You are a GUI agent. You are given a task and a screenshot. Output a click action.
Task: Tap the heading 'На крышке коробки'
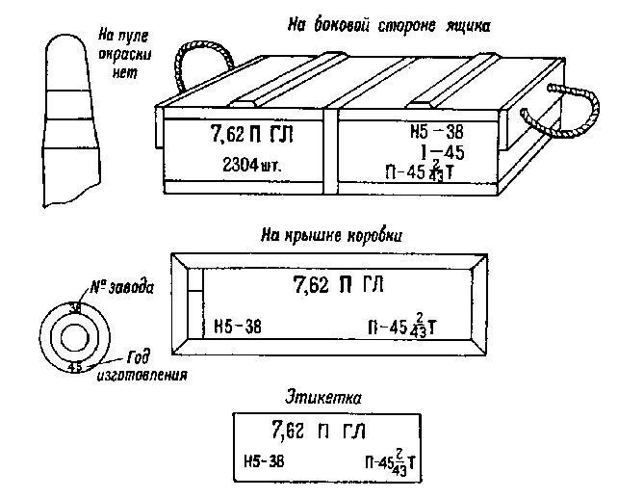tap(330, 234)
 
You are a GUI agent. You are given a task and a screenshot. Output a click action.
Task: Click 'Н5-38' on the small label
tap(264, 462)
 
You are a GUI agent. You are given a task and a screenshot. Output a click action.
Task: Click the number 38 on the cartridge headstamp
tap(75, 308)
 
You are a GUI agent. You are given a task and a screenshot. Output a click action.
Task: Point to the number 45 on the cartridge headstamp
tap(74, 365)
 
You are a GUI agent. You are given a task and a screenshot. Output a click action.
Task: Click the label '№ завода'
tap(126, 286)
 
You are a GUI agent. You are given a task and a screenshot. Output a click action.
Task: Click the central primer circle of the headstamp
tap(74, 336)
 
